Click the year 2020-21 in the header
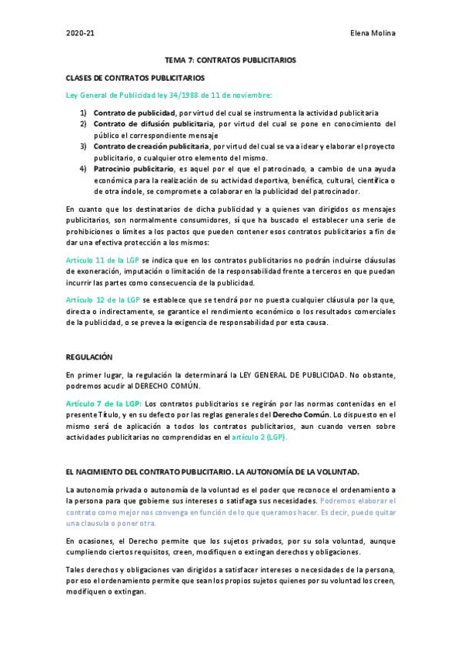[80, 35]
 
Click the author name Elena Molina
[372, 35]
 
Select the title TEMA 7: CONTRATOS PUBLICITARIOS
[230, 60]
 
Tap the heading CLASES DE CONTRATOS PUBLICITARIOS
[135, 78]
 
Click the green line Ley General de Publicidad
[169, 95]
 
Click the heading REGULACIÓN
[89, 357]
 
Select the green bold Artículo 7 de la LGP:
[104, 404]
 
